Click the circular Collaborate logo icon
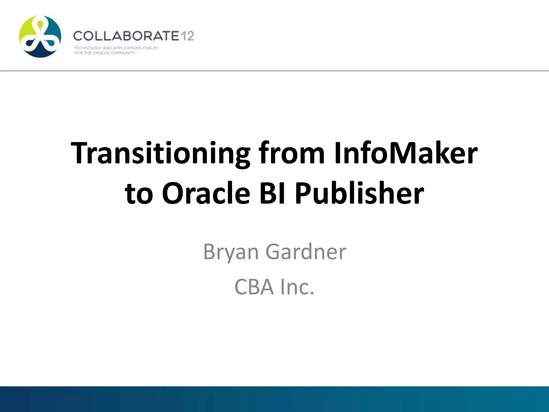pyautogui.click(x=40, y=36)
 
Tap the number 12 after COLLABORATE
pyautogui.click(x=187, y=36)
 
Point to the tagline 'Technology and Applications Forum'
pyautogui.click(x=116, y=48)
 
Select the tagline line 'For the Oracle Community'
pyautogui.click(x=105, y=53)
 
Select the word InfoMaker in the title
pyautogui.click(x=405, y=153)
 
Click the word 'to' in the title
pyautogui.click(x=139, y=194)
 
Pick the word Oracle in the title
pyautogui.click(x=206, y=194)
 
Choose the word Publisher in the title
pyautogui.click(x=359, y=194)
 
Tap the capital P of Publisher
pyautogui.click(x=303, y=194)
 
